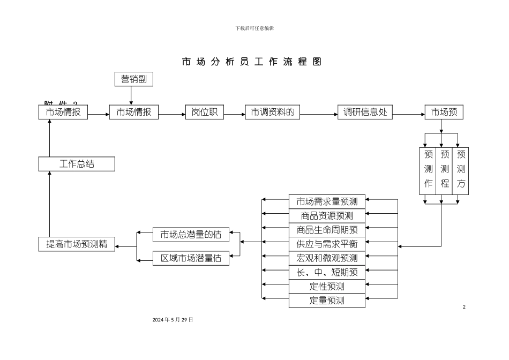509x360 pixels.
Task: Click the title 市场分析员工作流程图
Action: tap(251, 62)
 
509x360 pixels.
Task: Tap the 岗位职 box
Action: tap(204, 112)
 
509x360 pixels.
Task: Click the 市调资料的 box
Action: tap(273, 112)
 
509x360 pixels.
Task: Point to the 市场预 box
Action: tap(444, 112)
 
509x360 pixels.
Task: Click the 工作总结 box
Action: tap(77, 164)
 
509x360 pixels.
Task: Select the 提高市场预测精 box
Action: tap(77, 244)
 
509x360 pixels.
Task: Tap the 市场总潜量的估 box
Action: tap(191, 234)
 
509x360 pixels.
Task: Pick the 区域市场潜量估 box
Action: tap(191, 258)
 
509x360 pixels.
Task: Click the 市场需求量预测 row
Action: tap(327, 201)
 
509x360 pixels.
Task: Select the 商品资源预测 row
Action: tap(327, 216)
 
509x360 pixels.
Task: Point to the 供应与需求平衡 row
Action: tap(327, 244)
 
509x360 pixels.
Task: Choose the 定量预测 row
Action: tap(327, 301)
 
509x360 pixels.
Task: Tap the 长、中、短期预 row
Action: tap(327, 272)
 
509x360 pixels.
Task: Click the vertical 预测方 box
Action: tap(461, 170)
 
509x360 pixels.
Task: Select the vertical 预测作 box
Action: tap(428, 170)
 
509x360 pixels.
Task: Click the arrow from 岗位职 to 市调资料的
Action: tap(234, 114)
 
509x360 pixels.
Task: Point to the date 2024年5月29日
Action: tap(173, 319)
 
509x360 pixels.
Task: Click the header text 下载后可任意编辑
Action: tap(254, 28)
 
